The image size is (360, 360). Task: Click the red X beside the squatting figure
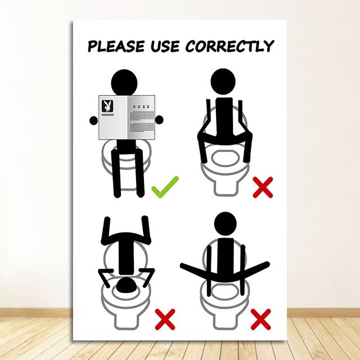click(263, 186)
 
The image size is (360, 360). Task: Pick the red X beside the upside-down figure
click(164, 319)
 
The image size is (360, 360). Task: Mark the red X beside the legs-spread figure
click(261, 319)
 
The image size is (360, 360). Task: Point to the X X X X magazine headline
click(141, 106)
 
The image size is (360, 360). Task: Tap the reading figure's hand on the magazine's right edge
click(159, 119)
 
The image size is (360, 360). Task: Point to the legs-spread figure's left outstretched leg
click(194, 268)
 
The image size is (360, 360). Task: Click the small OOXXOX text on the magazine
click(107, 117)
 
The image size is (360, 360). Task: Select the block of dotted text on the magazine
click(141, 119)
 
